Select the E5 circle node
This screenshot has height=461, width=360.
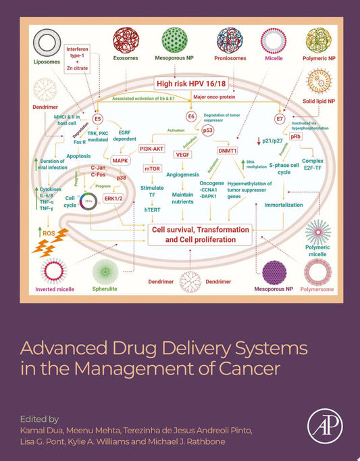coord(97,118)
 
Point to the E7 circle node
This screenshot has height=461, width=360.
coord(280,119)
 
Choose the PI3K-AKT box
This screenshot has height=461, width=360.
coord(151,148)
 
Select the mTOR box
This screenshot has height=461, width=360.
coord(151,167)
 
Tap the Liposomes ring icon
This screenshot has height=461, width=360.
coord(47,45)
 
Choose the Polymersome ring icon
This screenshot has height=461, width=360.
coord(317,272)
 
